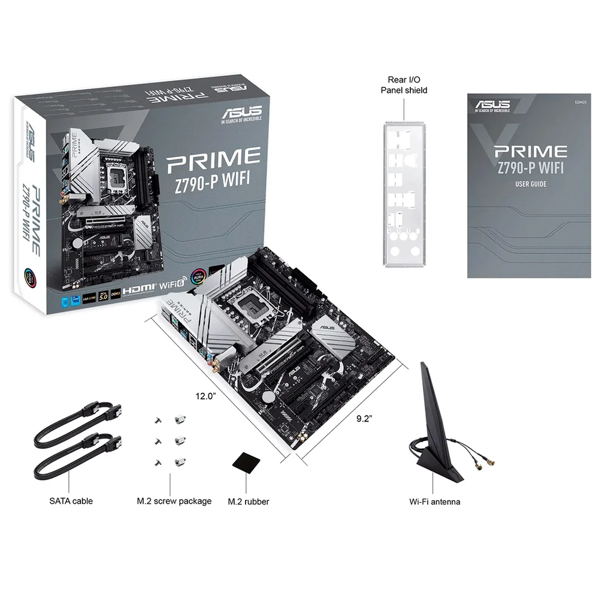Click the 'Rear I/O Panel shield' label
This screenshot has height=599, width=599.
pos(404,84)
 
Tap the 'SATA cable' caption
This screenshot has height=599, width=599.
pos(71,501)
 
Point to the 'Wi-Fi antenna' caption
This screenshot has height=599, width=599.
pos(434,501)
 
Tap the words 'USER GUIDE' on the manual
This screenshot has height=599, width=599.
pos(531,184)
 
